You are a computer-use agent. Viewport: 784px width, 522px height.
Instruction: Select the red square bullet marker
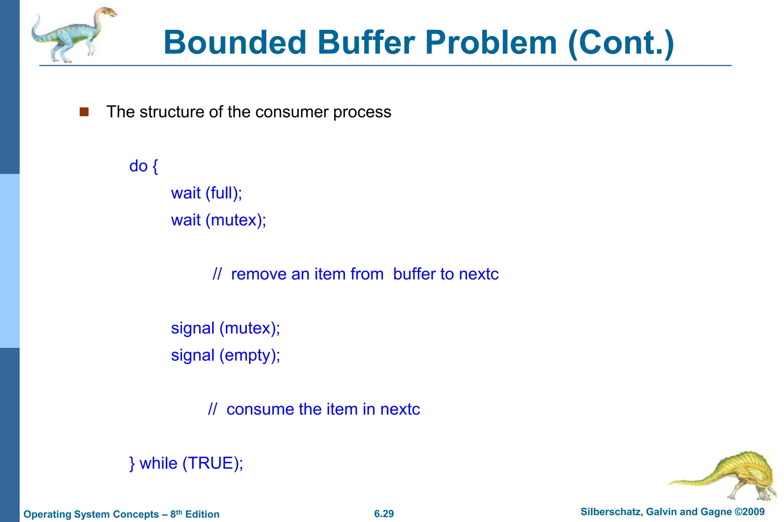pyautogui.click(x=84, y=112)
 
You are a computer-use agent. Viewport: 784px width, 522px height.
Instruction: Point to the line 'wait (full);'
pyautogui.click(x=206, y=193)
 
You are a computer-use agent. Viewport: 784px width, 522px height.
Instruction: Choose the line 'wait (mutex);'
pyautogui.click(x=218, y=220)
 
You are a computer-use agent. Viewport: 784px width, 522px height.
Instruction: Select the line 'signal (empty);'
pyautogui.click(x=225, y=356)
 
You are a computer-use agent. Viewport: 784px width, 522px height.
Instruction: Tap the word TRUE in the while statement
pyautogui.click(x=210, y=463)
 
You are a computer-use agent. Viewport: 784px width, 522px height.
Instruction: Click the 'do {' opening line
pyautogui.click(x=144, y=166)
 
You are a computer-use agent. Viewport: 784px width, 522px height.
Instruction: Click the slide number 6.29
pyautogui.click(x=384, y=514)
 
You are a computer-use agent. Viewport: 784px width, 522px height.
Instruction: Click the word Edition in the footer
pyautogui.click(x=202, y=514)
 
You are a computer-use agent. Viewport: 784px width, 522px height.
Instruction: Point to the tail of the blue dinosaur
pyautogui.click(x=36, y=29)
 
